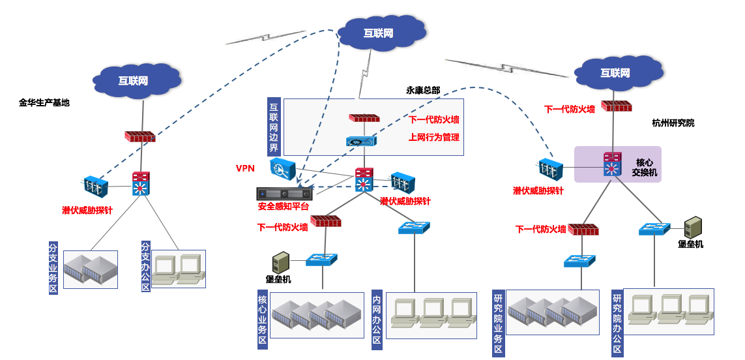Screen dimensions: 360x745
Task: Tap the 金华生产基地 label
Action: (44, 102)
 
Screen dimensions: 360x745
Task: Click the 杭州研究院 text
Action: (673, 123)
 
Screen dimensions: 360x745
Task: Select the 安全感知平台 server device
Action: (283, 194)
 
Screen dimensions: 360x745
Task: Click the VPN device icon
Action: (283, 168)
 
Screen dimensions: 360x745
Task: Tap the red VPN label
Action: (245, 168)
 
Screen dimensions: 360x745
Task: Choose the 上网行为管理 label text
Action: (434, 137)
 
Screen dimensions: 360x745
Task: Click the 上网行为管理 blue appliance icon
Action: (361, 141)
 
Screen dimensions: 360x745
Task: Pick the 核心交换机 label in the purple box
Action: (645, 167)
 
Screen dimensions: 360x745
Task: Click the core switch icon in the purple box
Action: (612, 166)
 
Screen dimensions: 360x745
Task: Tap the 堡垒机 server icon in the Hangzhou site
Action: (692, 227)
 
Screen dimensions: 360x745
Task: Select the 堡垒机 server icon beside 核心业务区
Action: (281, 262)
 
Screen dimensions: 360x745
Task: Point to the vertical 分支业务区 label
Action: (54, 268)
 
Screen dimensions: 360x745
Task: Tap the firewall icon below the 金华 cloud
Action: (140, 137)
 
